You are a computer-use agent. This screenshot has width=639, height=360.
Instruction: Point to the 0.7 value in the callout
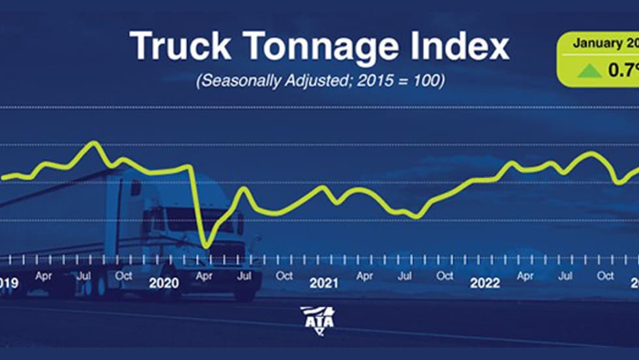coord(622,70)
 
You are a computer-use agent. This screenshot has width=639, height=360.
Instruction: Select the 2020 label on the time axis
coord(164,282)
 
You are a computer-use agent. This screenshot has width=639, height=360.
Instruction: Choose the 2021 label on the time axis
coord(324,282)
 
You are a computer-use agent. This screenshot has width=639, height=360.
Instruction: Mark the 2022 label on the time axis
coord(484,282)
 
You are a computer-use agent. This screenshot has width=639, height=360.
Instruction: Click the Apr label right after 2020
coord(204,276)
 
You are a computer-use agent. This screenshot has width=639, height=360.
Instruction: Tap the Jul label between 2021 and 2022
coord(404,276)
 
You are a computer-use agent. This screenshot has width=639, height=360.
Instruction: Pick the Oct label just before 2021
coord(284,276)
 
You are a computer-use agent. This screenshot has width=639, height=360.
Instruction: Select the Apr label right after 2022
coord(525,276)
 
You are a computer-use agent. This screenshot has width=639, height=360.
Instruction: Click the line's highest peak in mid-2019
coord(95,142)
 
